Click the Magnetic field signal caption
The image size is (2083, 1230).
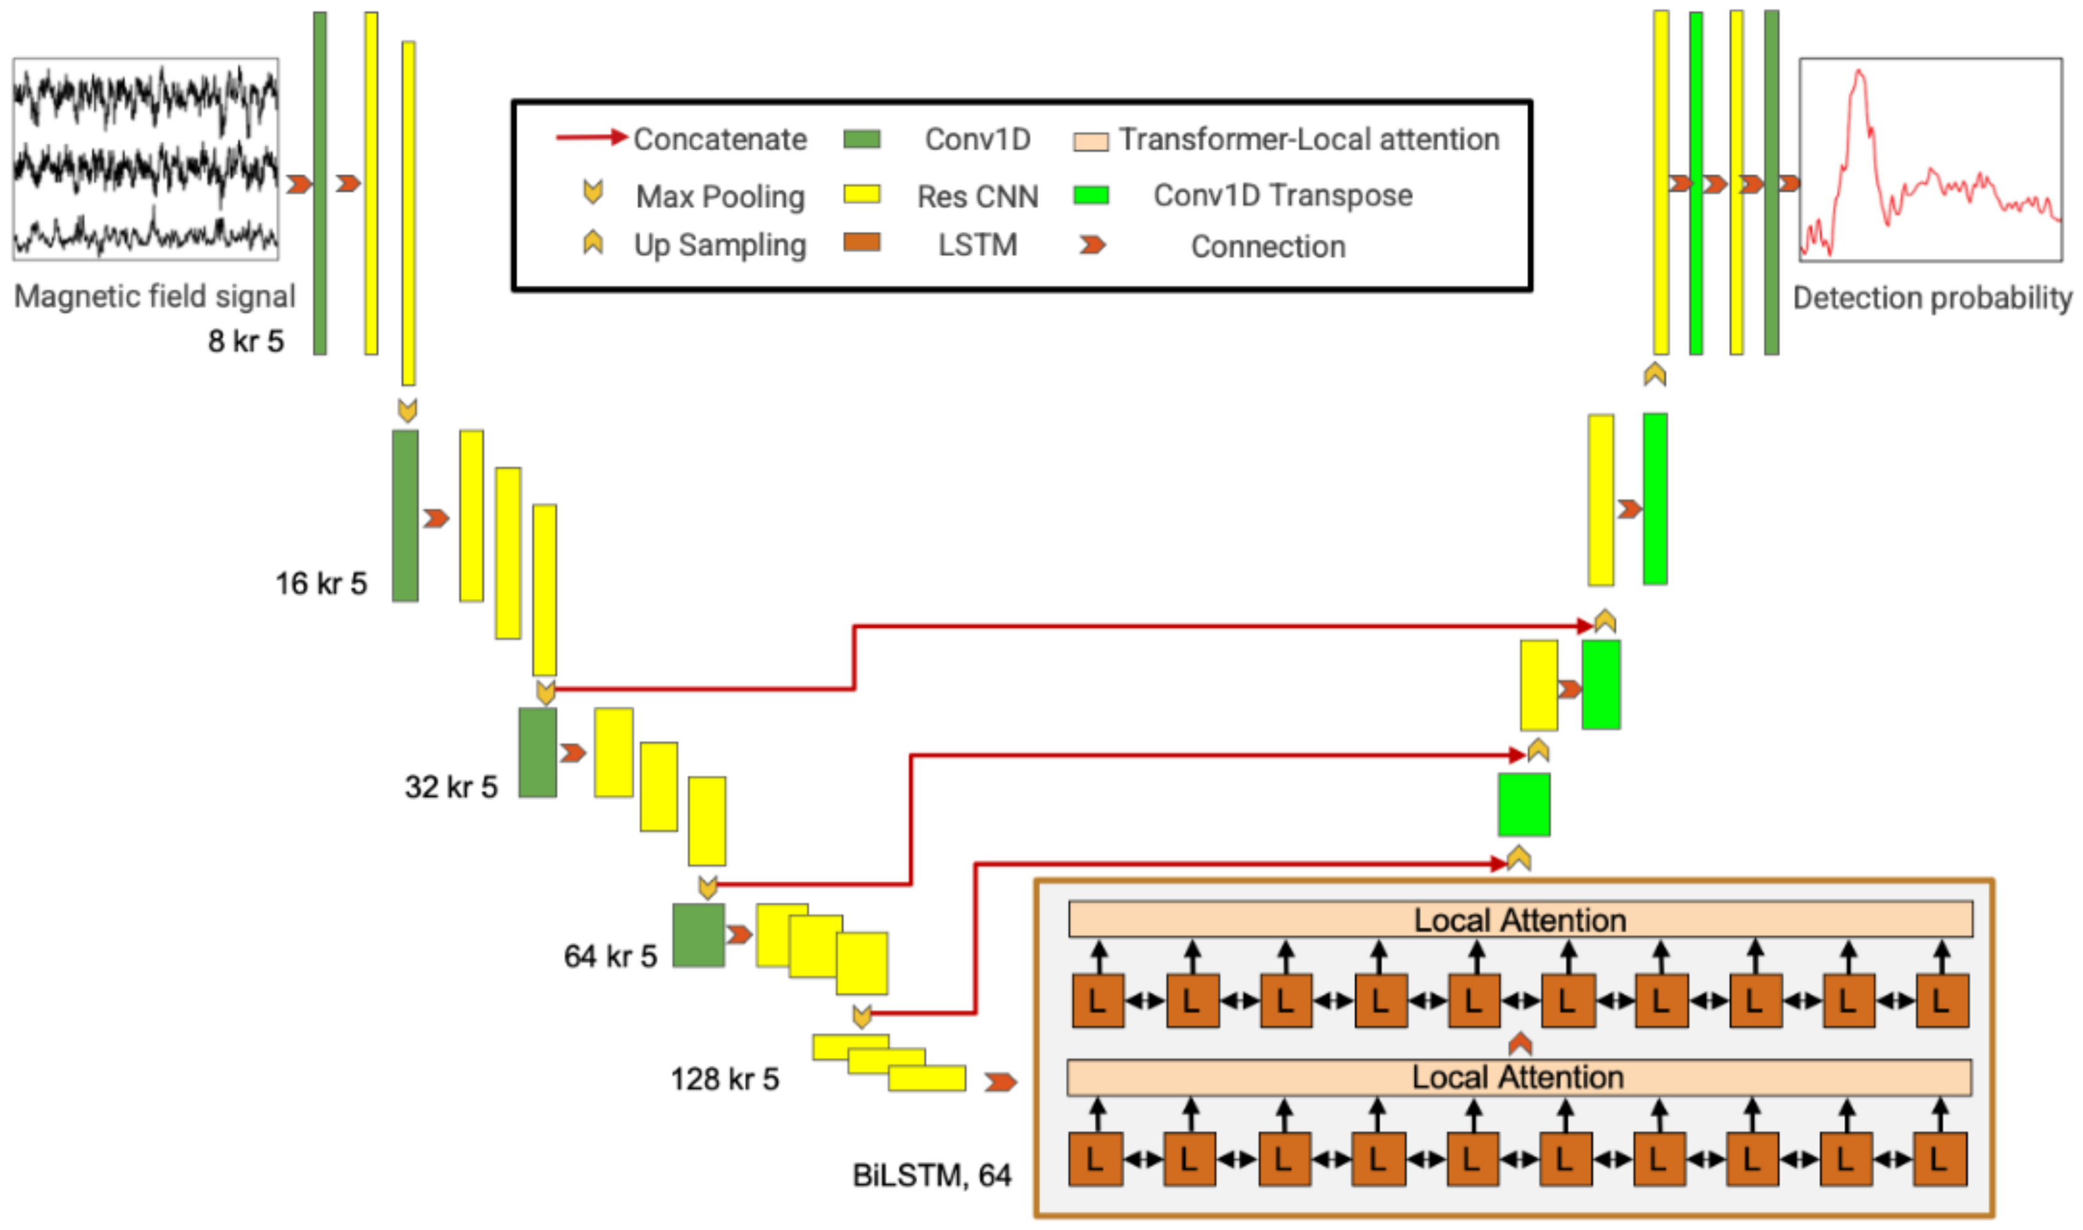[x=154, y=296]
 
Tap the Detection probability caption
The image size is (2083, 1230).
[x=1932, y=297]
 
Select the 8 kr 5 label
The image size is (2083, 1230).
[x=246, y=341]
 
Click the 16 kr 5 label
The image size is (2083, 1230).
[x=321, y=584]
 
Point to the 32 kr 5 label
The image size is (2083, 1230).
[x=451, y=787]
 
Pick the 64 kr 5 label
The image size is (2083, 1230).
[x=610, y=956]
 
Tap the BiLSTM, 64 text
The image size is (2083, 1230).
[x=932, y=1174]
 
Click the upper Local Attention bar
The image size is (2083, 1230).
[x=1520, y=920]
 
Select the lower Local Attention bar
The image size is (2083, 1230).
[x=1518, y=1077]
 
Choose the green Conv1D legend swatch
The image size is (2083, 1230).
[x=862, y=138]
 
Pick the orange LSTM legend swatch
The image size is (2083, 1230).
[x=862, y=242]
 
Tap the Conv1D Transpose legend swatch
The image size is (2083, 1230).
[x=1090, y=195]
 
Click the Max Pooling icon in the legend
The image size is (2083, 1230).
[x=593, y=192]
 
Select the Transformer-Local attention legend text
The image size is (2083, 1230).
[x=1308, y=139]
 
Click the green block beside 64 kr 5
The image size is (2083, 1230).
[x=698, y=935]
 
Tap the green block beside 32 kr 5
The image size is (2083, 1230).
[x=537, y=753]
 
